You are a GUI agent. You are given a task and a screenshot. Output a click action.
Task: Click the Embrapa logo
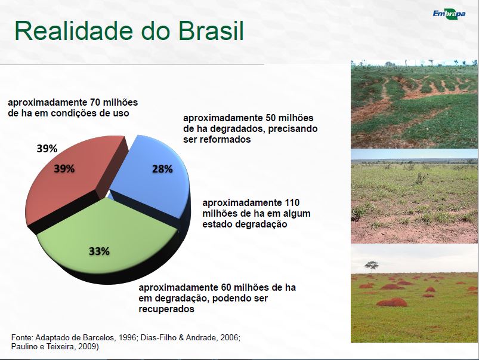(449, 14)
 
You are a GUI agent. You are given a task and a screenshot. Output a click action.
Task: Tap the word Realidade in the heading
(74, 31)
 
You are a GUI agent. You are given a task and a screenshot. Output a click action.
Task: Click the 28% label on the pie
(162, 169)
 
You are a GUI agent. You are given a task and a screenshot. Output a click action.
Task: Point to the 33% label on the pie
(99, 251)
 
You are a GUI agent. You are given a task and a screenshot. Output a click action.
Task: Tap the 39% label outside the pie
(47, 149)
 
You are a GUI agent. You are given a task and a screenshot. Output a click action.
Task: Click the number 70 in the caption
(95, 102)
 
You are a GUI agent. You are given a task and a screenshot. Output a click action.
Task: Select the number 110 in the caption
(292, 202)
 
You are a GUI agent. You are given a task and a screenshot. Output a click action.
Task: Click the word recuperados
(166, 309)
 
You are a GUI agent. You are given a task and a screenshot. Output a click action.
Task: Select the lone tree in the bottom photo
(371, 267)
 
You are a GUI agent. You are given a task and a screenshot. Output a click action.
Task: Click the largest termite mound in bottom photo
(392, 302)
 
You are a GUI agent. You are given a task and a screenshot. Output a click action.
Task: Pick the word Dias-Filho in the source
(157, 338)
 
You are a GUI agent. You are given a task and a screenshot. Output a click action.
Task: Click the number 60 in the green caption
(224, 288)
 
